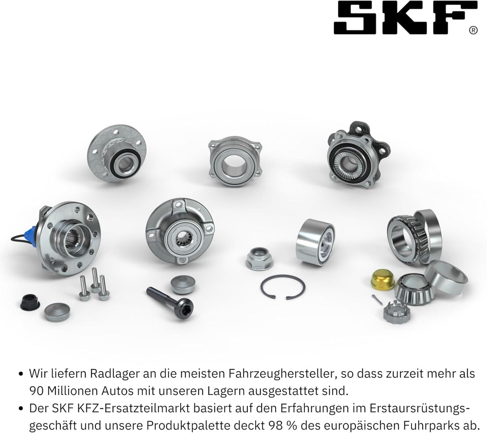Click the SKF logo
[x=405, y=18]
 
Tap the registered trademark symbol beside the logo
[x=473, y=30]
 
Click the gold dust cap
[x=382, y=280]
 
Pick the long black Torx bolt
[x=170, y=302]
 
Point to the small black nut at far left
[x=30, y=302]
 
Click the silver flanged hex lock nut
[x=260, y=259]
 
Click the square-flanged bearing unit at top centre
[x=235, y=161]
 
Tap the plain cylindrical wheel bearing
[x=315, y=242]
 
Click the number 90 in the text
[x=37, y=391]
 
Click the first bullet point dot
[x=21, y=374]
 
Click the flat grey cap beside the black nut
[x=57, y=312]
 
